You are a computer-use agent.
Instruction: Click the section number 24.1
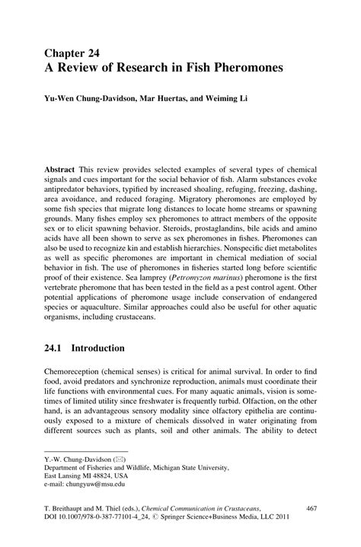[x=55, y=348]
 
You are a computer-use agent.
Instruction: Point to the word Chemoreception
[x=75, y=370]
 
